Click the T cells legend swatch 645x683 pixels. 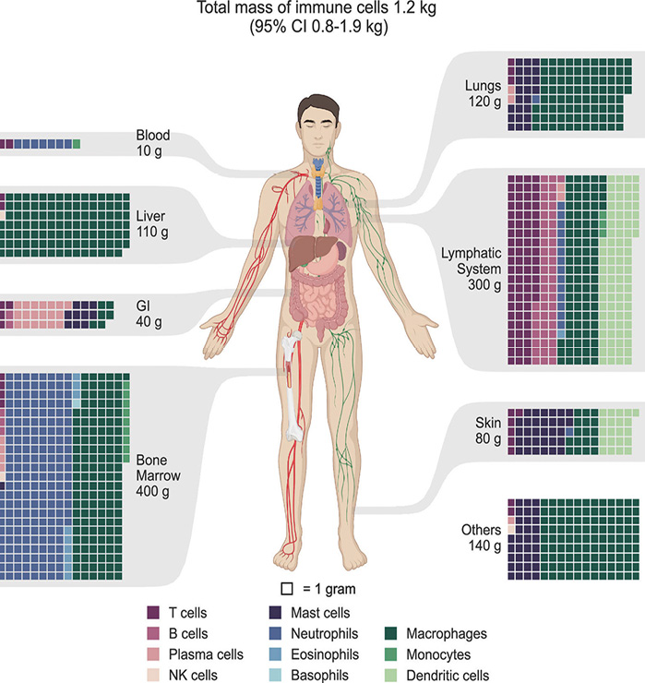click(153, 613)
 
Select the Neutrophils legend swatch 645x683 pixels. click(275, 633)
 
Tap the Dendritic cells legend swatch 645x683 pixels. click(391, 676)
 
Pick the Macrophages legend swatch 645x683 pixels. click(391, 633)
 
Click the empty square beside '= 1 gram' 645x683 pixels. click(287, 589)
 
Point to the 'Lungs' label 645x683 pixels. click(483, 86)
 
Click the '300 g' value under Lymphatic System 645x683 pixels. click(484, 285)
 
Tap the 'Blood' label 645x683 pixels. click(153, 135)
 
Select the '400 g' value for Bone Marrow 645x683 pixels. click(152, 491)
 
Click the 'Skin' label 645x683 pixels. click(488, 423)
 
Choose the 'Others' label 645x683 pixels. click(482, 530)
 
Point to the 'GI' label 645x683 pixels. click(143, 306)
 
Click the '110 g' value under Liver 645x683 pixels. click(152, 232)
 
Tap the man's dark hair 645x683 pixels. click(318, 108)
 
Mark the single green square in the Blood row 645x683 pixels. click(77, 144)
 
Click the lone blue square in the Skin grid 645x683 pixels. click(569, 431)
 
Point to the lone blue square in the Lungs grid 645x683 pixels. click(536, 100)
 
